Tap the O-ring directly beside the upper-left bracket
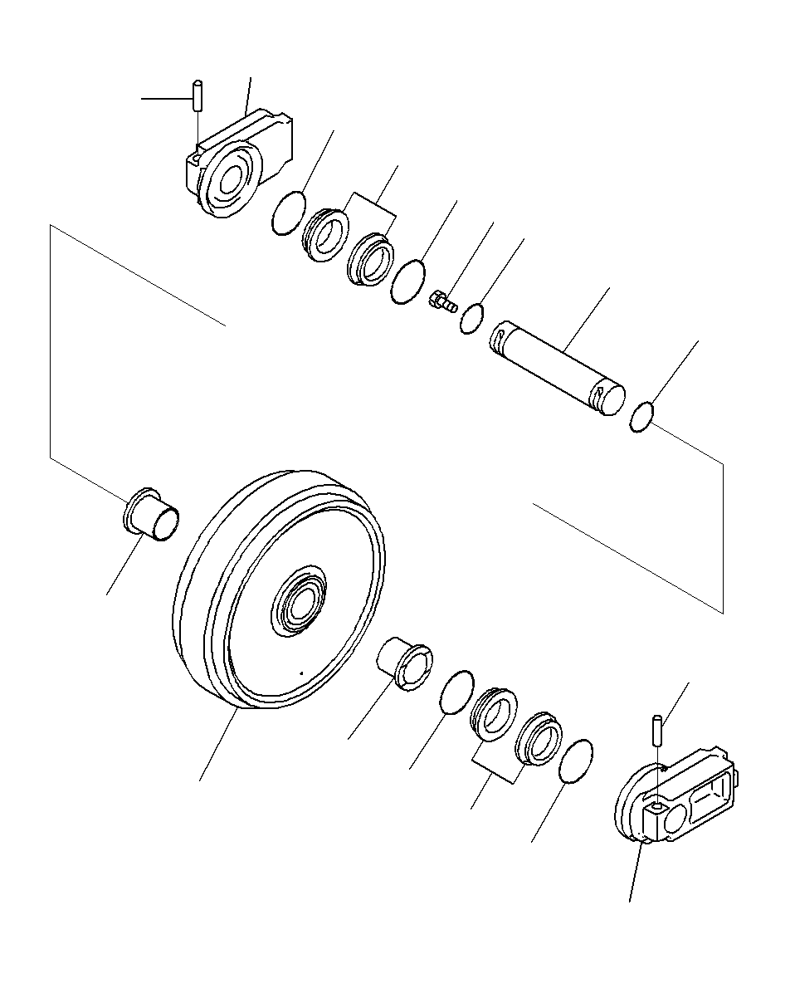pyautogui.click(x=288, y=214)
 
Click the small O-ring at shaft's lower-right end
pyautogui.click(x=644, y=417)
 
